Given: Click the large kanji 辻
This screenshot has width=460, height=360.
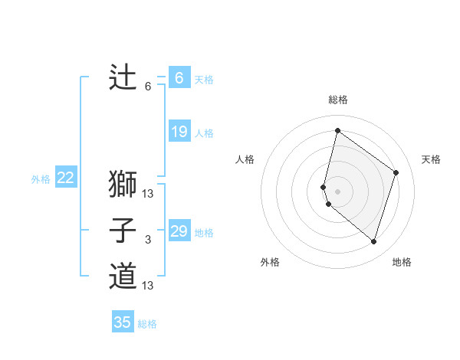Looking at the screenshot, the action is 123,77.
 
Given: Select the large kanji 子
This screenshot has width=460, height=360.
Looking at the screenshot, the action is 123,231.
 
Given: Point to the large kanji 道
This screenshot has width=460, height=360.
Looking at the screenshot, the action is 123,276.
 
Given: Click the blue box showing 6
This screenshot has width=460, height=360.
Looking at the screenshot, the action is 179,77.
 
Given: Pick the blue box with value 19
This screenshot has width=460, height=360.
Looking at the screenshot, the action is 179,132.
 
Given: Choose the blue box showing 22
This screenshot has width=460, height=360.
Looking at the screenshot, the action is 65,178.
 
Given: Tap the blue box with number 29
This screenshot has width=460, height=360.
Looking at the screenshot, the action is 179,231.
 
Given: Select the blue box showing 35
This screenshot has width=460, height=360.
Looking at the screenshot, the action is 123,322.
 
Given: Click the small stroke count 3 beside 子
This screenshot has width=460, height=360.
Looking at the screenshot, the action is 148,241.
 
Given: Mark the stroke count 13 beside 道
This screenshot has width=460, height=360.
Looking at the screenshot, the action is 148,286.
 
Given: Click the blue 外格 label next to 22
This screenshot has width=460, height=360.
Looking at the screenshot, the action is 41,179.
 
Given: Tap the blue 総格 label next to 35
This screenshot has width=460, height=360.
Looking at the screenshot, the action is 147,324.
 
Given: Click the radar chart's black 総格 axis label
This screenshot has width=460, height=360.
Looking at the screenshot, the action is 337,100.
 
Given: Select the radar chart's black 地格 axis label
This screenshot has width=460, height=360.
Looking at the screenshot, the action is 402,263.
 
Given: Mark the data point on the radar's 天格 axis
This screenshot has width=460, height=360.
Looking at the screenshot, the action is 396,172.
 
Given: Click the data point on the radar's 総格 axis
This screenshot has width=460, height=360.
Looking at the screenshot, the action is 337,130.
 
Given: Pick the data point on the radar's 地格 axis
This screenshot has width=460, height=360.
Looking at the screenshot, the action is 373,241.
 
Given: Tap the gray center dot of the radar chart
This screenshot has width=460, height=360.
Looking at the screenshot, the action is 337,191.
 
